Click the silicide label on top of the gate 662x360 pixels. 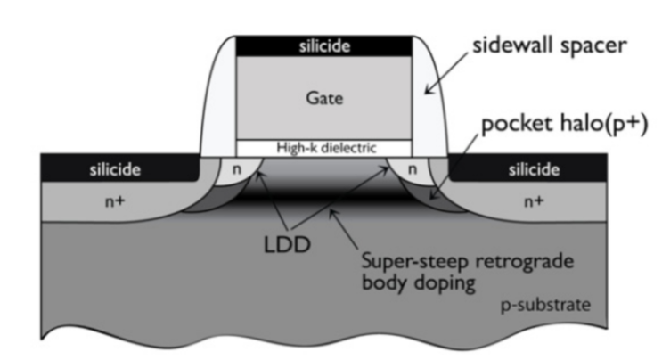click(x=323, y=45)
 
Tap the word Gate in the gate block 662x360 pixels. click(x=323, y=97)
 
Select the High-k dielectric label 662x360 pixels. click(x=323, y=147)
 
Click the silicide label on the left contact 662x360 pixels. click(x=115, y=168)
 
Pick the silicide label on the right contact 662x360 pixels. click(x=535, y=168)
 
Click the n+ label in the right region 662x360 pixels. click(x=534, y=201)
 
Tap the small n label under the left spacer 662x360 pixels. click(x=236, y=168)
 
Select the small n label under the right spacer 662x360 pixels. click(x=413, y=168)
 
